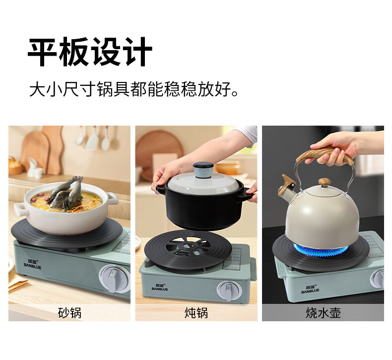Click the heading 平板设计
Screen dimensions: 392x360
(90, 52)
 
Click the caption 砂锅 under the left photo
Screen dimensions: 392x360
(69, 313)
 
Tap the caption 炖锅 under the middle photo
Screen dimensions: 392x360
(196, 313)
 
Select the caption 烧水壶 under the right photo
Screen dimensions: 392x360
(323, 313)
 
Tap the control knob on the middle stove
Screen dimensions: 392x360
(229, 290)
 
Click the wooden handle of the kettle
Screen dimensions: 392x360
(325, 155)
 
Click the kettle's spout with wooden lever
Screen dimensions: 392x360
(287, 186)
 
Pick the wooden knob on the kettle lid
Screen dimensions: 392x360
(324, 182)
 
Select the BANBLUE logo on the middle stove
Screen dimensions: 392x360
(160, 287)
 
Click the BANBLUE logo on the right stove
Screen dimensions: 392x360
(310, 289)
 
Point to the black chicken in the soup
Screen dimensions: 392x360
(66, 194)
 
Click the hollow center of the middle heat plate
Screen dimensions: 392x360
(188, 246)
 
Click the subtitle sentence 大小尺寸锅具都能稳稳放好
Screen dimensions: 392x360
(133, 89)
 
